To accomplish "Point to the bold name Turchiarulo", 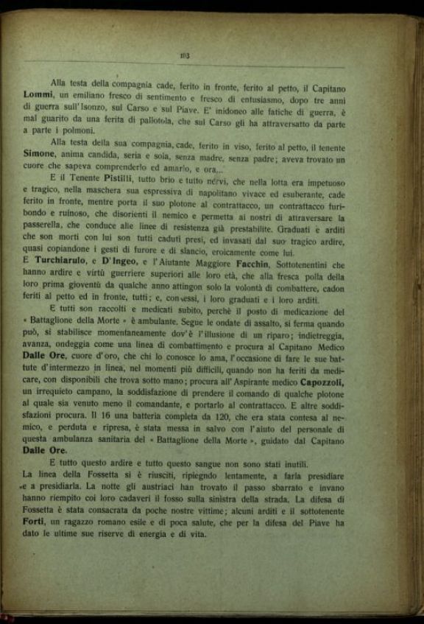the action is [x=66, y=262].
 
